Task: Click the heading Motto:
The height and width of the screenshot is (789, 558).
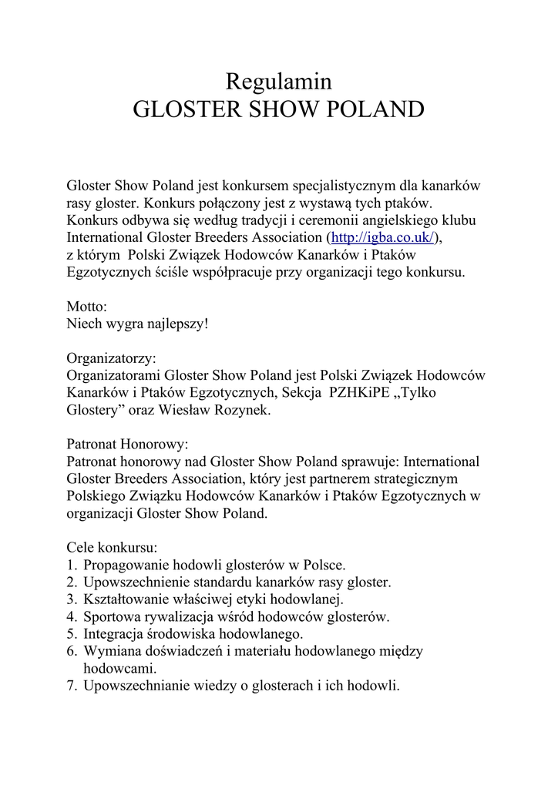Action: [86, 307]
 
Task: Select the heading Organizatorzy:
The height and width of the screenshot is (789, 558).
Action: [111, 358]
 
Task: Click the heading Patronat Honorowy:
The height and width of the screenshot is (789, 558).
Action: [127, 445]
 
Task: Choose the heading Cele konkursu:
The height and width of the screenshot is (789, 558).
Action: [112, 549]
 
